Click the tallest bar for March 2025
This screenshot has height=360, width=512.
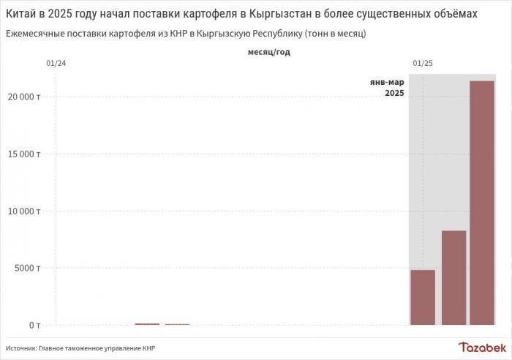[482, 203]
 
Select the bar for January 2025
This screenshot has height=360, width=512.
[423, 297]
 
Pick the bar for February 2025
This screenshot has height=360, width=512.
[453, 277]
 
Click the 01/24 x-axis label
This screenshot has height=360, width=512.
[56, 64]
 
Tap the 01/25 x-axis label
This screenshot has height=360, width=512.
[423, 64]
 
